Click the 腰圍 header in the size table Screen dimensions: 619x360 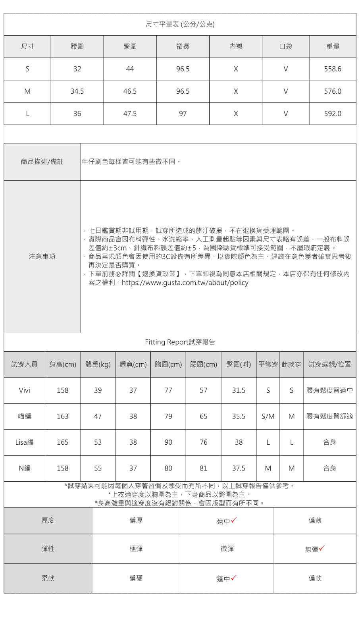coord(77,47)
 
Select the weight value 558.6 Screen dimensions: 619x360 coord(332,69)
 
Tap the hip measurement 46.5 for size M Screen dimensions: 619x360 coord(130,91)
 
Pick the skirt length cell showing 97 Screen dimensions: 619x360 coord(183,114)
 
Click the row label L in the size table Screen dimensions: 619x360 coord(27,114)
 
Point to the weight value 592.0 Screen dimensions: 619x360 coord(332,114)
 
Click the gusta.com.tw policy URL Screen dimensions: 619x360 coord(185,283)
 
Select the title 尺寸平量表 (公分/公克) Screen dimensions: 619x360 coord(180,25)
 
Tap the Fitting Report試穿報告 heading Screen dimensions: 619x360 coord(180,342)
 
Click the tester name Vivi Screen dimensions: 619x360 coord(24,390)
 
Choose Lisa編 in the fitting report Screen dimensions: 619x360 coord(24,442)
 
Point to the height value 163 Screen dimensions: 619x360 coord(62,417)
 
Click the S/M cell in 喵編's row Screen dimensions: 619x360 coord(268,417)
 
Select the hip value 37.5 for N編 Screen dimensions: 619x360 coord(239,469)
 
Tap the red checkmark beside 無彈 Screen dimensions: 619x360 coord(321,548)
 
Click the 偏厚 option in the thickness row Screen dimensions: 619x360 coord(136,521)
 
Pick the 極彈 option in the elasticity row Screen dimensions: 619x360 coord(136,549)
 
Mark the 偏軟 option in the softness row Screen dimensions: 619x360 coord(315,579)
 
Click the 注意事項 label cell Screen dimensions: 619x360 coord(42,256)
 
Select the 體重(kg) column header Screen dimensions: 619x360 coord(98,364)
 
